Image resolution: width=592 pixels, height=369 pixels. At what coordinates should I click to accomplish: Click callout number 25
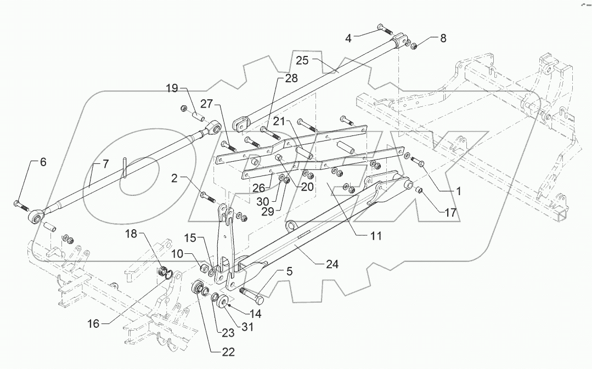pos(303,60)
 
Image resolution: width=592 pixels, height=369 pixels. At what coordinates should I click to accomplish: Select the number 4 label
pos(348,38)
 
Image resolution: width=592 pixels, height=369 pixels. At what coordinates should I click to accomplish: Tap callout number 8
pos(443,38)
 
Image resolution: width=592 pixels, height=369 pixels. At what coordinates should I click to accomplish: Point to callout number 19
pos(173,88)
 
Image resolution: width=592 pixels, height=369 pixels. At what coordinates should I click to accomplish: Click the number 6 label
pos(43,162)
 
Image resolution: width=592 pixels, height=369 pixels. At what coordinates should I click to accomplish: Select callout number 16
pos(93,323)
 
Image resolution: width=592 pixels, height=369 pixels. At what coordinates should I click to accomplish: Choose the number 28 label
pos(291,79)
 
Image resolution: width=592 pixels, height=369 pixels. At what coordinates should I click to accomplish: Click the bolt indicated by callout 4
pos(382,29)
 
